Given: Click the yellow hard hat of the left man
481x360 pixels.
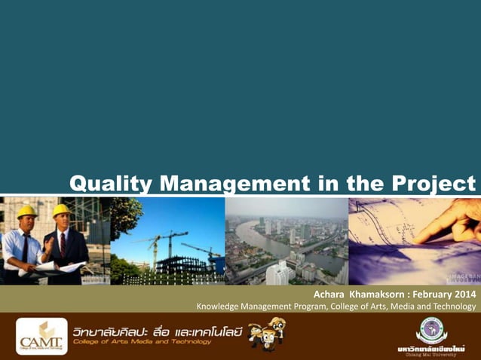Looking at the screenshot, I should [27, 211].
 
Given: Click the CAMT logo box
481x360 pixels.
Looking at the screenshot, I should [41, 336].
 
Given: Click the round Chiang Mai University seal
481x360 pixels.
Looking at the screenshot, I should [431, 330].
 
